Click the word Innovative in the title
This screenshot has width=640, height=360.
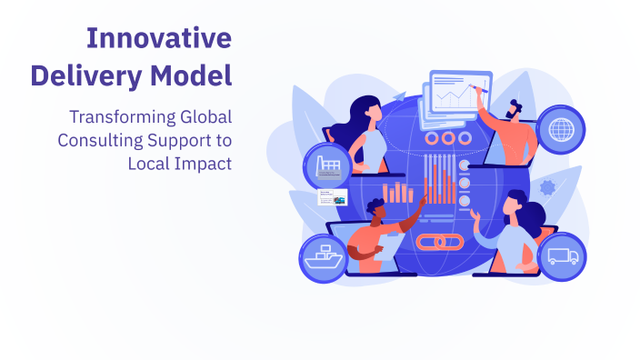tap(158, 38)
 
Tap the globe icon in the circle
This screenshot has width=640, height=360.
tap(560, 130)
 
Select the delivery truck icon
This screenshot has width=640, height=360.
tap(562, 256)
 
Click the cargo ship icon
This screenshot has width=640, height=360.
tap(325, 256)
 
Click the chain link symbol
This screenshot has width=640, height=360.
tap(439, 244)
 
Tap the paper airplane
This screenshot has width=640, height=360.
tap(398, 96)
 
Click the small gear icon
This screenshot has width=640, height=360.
tap(546, 189)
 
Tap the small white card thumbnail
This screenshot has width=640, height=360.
tap(332, 198)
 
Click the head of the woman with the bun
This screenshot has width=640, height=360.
tap(515, 205)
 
